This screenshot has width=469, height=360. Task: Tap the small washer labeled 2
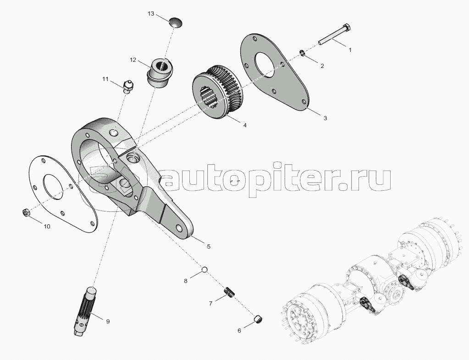click(303, 54)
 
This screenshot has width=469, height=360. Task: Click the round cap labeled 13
click(176, 22)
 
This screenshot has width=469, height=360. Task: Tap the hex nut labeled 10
click(26, 212)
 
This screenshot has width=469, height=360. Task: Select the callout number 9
click(108, 321)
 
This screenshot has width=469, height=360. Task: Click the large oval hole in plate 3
click(265, 64)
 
